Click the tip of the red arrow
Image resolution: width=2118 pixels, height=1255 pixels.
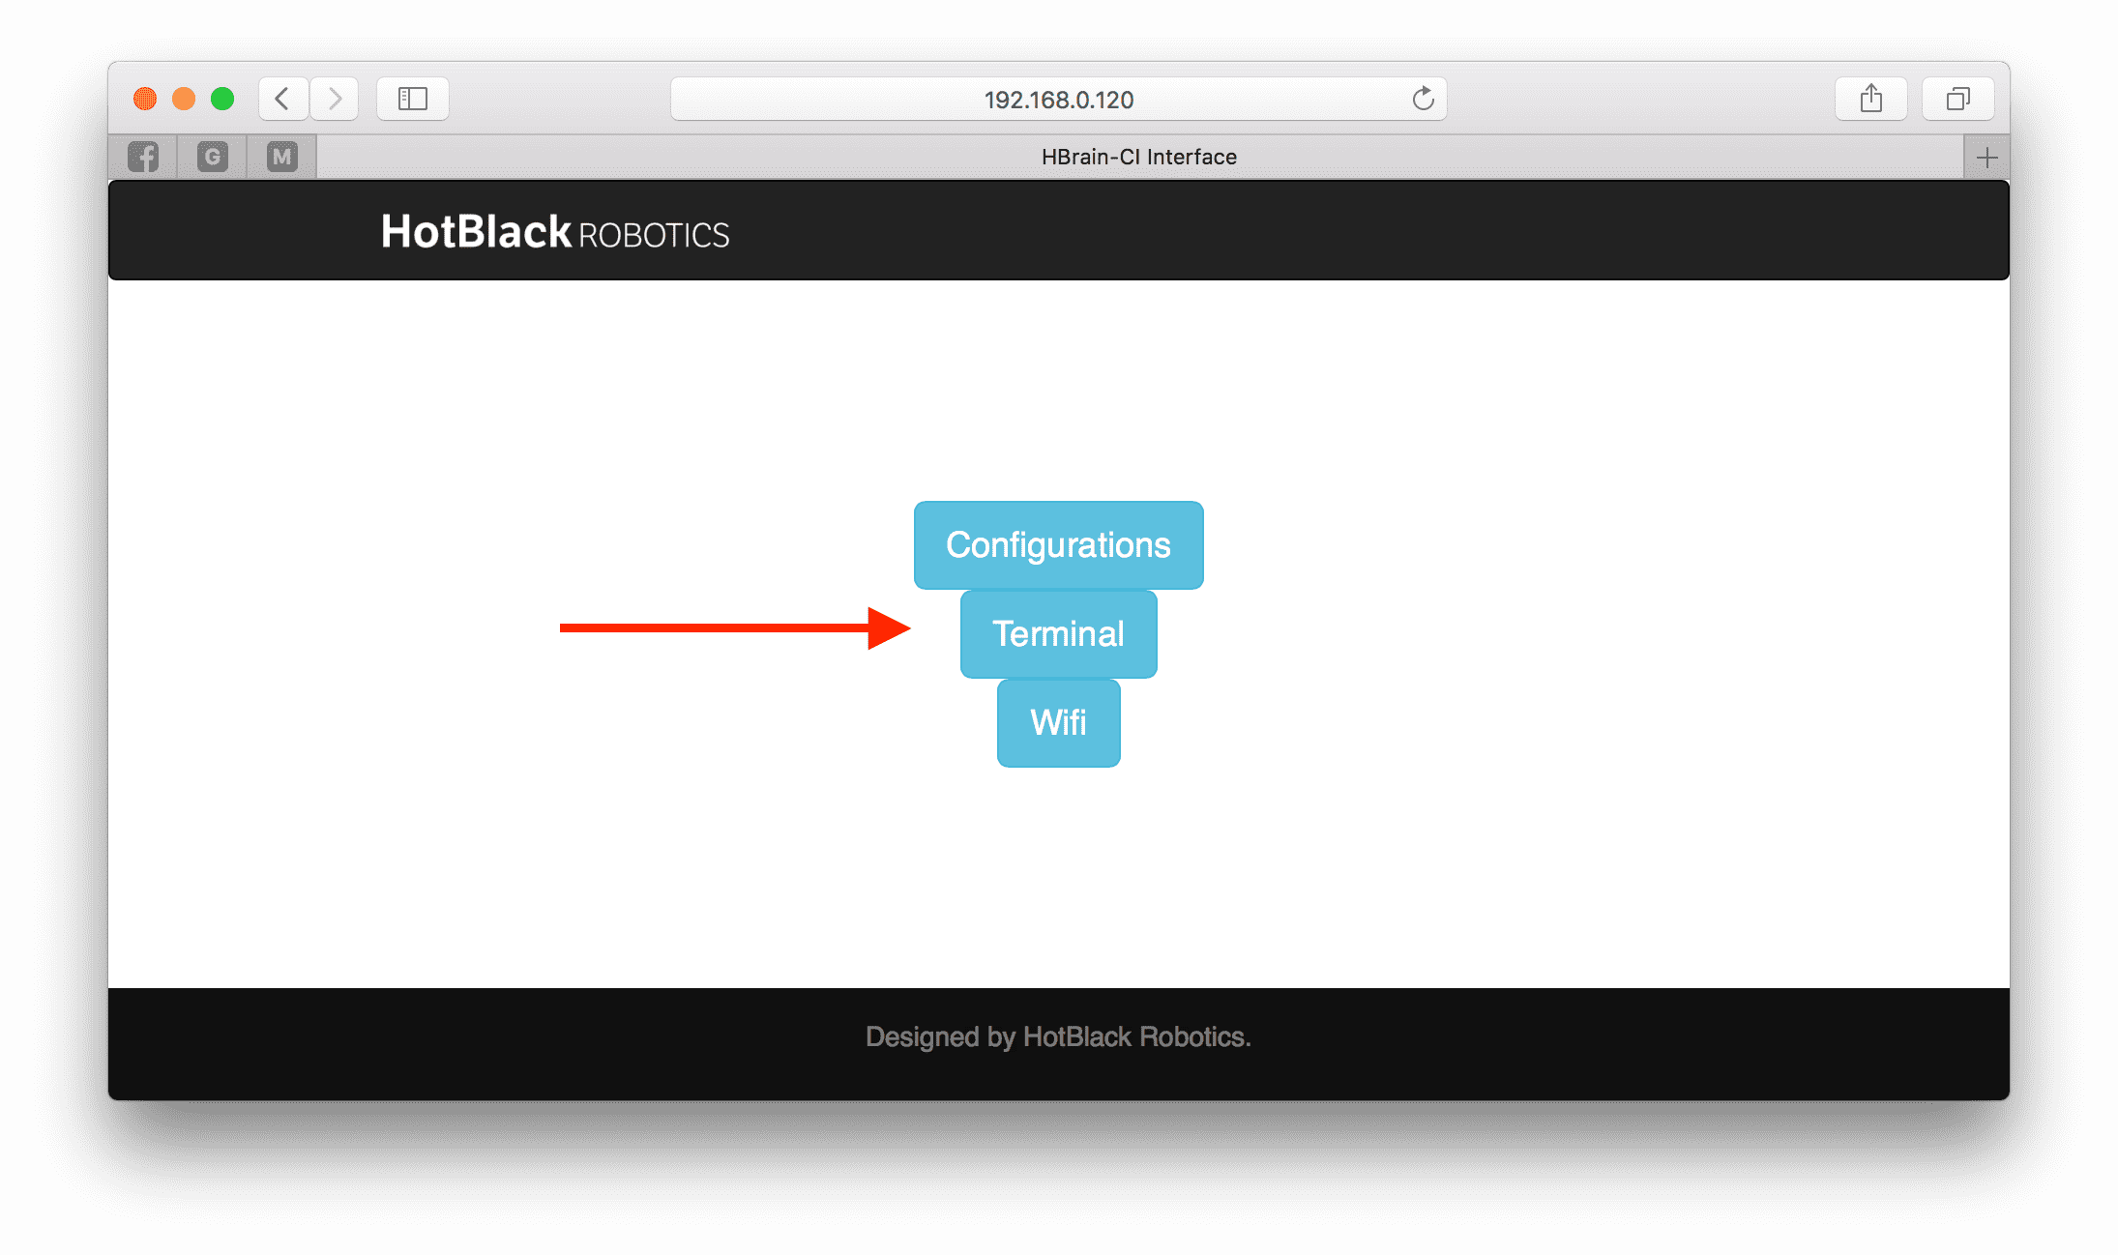tap(911, 628)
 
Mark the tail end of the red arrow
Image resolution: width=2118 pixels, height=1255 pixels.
tap(560, 628)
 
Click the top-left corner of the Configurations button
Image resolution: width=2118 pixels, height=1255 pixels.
tap(915, 502)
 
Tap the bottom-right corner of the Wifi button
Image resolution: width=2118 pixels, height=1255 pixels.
tap(1120, 767)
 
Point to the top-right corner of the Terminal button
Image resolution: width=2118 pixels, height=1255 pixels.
tap(1157, 592)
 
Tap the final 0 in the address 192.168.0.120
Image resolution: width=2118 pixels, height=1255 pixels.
tap(1126, 100)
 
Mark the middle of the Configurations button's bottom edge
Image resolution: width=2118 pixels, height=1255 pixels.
tap(1059, 589)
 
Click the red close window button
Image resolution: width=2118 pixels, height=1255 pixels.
tap(145, 99)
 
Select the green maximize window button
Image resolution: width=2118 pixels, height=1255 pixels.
tap(222, 99)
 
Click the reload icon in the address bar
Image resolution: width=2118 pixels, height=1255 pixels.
tap(1423, 99)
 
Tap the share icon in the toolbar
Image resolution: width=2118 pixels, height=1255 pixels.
tap(1871, 99)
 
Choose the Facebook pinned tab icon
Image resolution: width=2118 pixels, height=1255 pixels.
tap(143, 157)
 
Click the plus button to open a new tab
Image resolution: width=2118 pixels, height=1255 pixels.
tap(1987, 158)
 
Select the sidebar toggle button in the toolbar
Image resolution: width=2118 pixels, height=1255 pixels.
tap(413, 99)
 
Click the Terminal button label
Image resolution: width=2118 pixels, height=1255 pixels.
tap(1058, 634)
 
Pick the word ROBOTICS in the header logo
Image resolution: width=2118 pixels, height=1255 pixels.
tap(654, 235)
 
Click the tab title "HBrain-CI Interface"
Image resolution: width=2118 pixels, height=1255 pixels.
tap(1139, 157)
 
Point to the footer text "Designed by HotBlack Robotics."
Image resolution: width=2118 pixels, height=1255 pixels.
tap(1058, 1036)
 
